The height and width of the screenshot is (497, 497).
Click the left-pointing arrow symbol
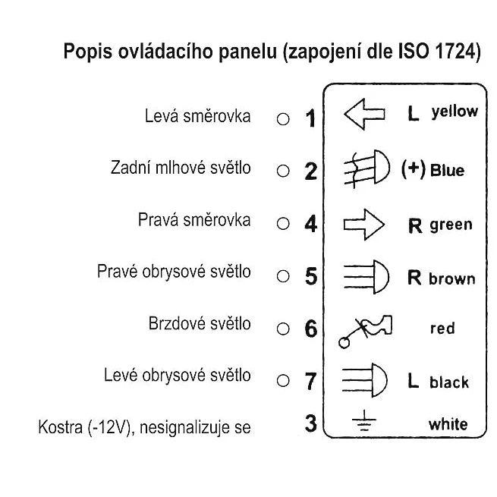tap(364, 114)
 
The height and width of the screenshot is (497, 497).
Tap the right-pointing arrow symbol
tap(364, 225)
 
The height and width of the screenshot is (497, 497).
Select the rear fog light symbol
tap(366, 168)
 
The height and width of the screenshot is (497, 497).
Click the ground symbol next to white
tap(364, 420)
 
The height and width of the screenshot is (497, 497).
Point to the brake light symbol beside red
tap(365, 332)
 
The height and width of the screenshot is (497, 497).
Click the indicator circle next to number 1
tap(283, 119)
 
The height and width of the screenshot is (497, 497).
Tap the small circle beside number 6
tap(283, 329)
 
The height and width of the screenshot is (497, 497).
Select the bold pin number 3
tap(311, 423)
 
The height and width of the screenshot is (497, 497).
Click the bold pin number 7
tap(310, 382)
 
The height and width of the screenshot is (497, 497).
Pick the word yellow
tap(455, 112)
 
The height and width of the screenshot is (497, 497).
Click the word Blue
tap(447, 170)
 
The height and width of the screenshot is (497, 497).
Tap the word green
tap(451, 225)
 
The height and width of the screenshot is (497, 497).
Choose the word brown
tap(452, 279)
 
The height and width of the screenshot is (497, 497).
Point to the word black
tap(449, 382)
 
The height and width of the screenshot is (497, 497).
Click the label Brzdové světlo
tap(200, 324)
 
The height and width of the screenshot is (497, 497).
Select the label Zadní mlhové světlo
tap(181, 168)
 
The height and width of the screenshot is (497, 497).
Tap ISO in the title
tap(414, 52)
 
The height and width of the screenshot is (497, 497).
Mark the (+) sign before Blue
tap(414, 169)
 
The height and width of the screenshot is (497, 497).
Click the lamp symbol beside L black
tap(364, 380)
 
